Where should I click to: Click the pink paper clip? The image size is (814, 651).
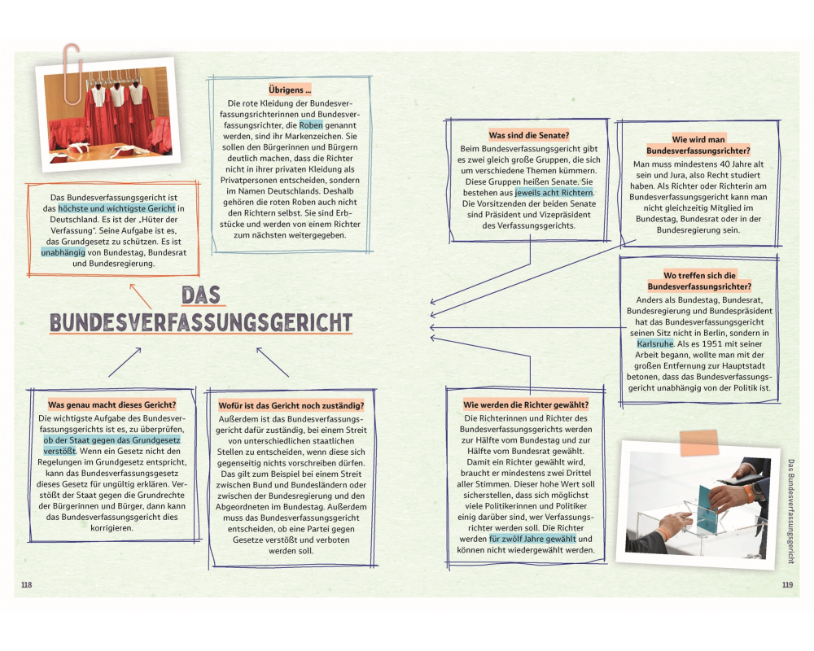[x=72, y=72]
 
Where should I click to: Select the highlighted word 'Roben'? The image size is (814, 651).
[x=312, y=126]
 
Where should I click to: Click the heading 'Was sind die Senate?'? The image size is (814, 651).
[x=528, y=135]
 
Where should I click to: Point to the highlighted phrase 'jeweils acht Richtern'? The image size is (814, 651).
[x=554, y=193]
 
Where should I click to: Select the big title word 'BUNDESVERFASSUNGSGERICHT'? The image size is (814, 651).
[x=201, y=322]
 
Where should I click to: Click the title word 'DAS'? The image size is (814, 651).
[x=201, y=294]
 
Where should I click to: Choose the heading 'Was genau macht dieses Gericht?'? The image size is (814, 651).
[x=112, y=404]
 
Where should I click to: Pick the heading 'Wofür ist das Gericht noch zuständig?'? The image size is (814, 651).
[x=291, y=405]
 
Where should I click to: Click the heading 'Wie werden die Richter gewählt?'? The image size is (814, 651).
[x=526, y=404]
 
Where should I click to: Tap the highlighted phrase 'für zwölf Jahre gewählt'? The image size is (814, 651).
[x=532, y=539]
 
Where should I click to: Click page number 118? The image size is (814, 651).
[x=26, y=585]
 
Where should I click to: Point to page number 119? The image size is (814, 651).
[x=786, y=585]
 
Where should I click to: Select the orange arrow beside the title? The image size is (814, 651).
[x=140, y=295]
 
